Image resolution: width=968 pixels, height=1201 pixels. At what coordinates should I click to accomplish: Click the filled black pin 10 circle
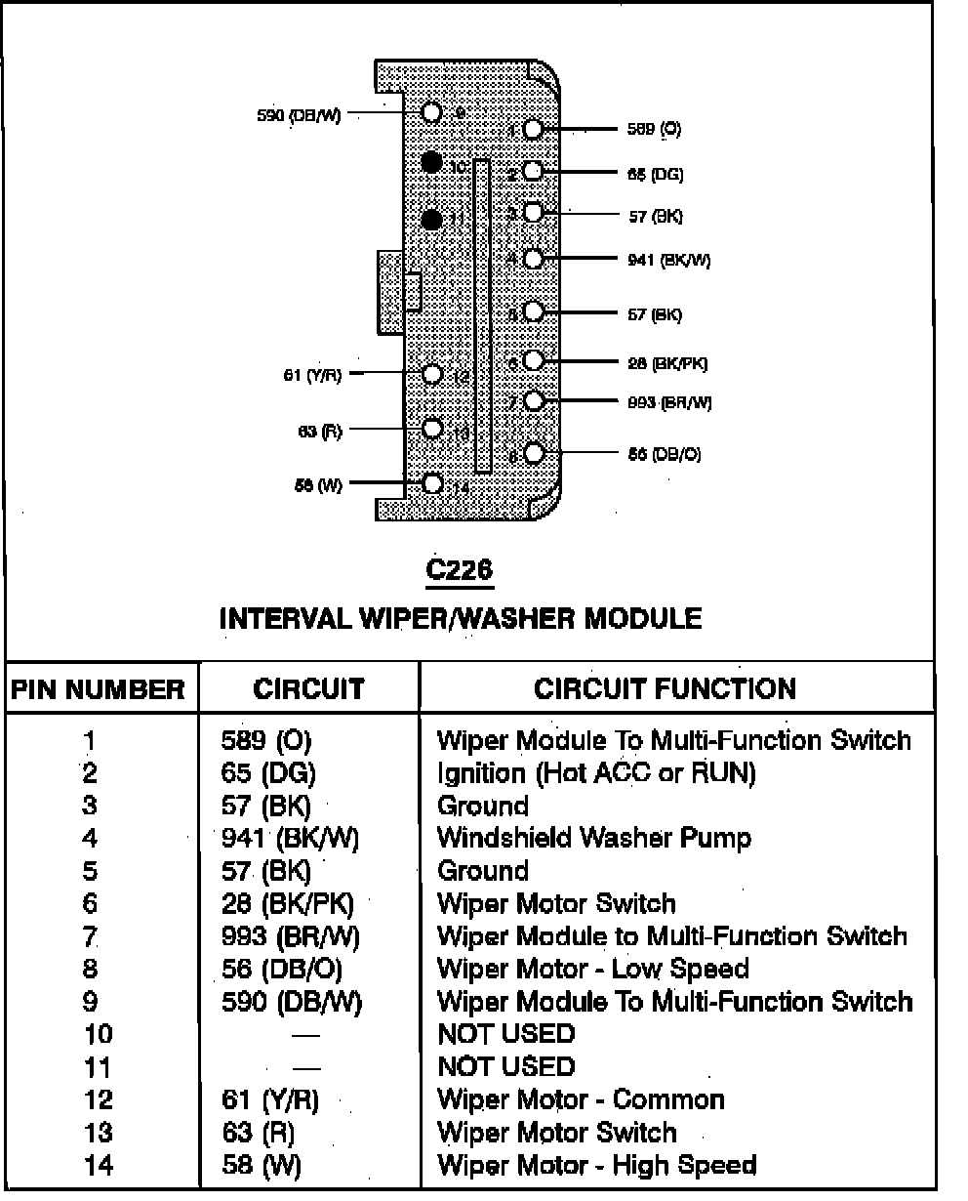click(432, 162)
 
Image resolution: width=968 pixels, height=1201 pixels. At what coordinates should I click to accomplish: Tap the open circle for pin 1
click(533, 129)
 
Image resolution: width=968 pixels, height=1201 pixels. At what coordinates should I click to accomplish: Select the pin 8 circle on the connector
click(533, 453)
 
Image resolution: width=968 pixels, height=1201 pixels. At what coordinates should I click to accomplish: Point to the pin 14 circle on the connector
click(433, 483)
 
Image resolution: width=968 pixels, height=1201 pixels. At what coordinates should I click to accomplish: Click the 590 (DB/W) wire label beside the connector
click(299, 115)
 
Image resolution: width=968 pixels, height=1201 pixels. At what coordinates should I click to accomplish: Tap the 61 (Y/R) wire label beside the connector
click(312, 374)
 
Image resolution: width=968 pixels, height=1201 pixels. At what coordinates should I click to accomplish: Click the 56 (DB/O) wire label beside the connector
click(664, 454)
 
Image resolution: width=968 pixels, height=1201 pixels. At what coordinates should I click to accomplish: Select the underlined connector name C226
click(460, 571)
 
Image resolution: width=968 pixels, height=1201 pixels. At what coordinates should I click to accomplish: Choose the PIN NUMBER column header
click(99, 689)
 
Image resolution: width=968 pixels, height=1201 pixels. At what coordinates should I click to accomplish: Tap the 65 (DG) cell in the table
click(268, 773)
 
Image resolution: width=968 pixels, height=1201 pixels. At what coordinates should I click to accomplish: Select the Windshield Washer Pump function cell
click(594, 838)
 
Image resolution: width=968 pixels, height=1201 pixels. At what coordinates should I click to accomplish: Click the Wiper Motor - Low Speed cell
click(592, 969)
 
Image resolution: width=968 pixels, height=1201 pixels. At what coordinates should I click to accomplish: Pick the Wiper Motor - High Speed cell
click(596, 1165)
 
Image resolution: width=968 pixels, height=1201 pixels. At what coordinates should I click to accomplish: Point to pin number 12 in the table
click(99, 1100)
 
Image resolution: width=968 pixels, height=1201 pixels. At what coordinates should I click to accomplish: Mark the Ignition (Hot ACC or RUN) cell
click(596, 773)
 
